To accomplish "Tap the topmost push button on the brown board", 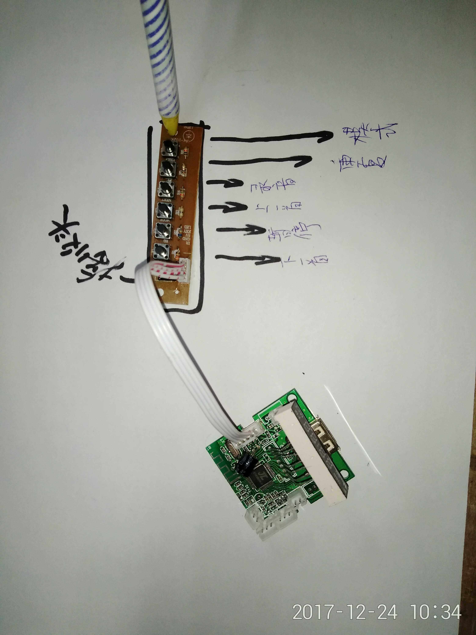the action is [170, 148].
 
